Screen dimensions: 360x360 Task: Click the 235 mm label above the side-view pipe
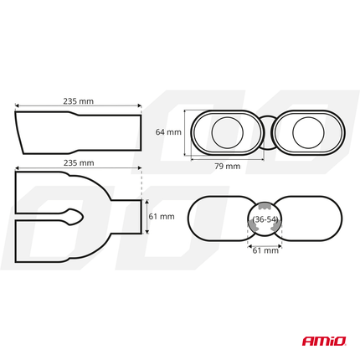[78, 100]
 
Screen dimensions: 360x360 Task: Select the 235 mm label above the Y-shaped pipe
[78, 163]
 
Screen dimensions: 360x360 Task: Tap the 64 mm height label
[168, 132]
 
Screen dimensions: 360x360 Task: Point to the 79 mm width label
[227, 167]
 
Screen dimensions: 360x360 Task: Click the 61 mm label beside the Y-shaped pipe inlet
[161, 217]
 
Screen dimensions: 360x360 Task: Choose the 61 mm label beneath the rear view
[266, 250]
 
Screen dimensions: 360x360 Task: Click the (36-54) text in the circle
[265, 219]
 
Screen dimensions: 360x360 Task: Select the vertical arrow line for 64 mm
[187, 132]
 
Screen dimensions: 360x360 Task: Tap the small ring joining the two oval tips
[265, 132]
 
